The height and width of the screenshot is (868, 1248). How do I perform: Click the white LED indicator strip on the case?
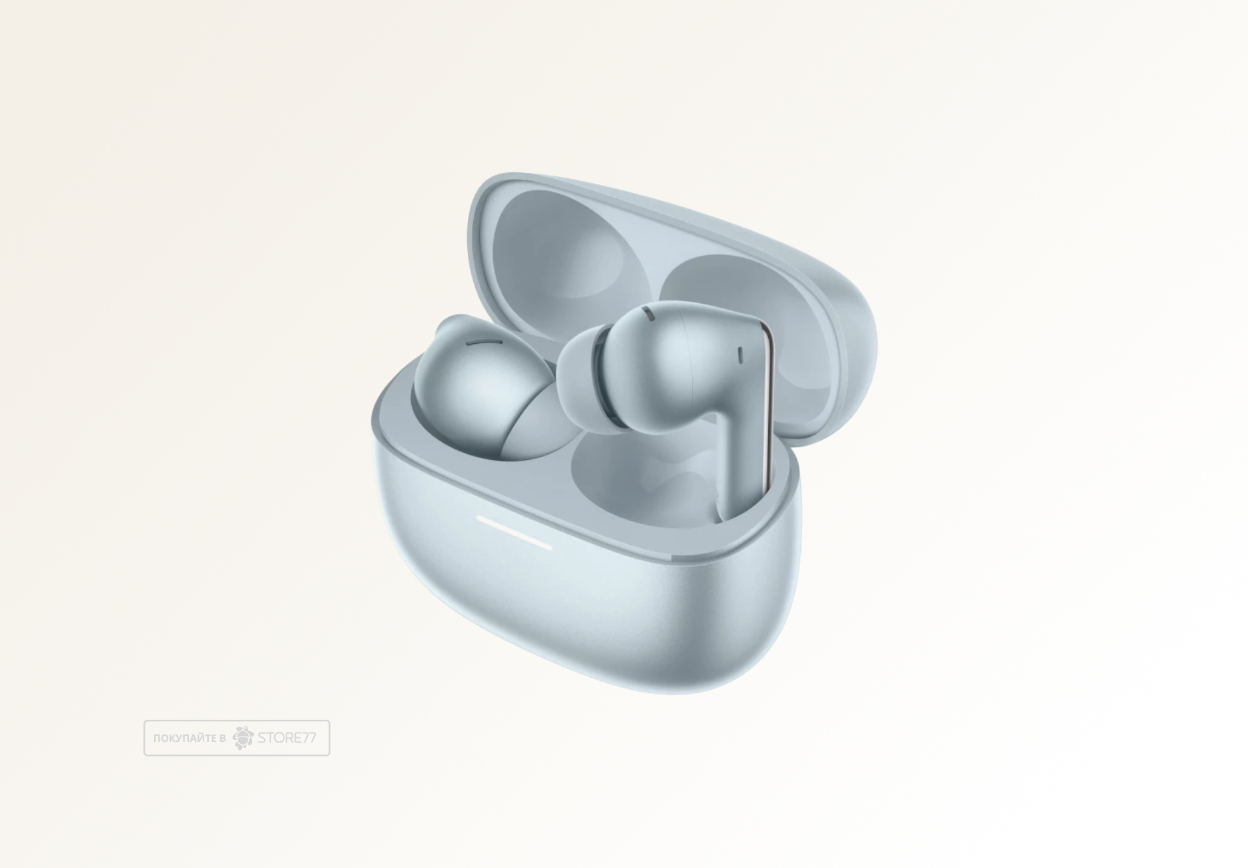[514, 531]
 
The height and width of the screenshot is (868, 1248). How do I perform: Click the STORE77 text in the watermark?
[287, 738]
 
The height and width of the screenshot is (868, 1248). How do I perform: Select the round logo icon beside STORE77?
[244, 737]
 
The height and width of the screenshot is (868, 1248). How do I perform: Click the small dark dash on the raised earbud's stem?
[740, 355]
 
